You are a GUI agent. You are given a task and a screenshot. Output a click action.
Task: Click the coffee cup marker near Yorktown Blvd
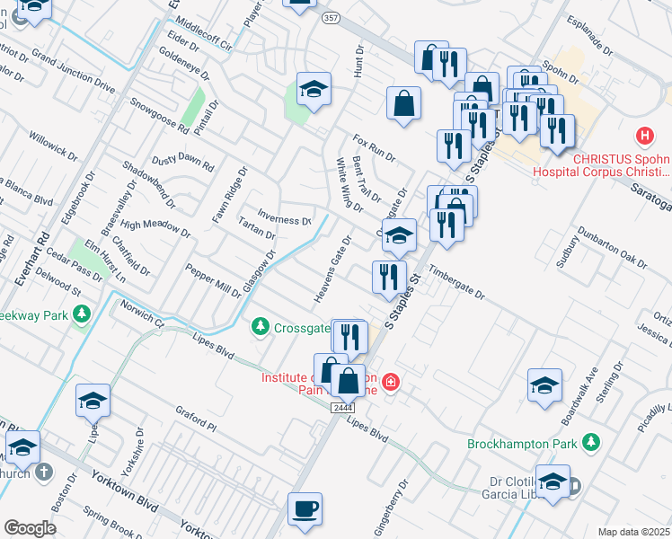click(x=305, y=508)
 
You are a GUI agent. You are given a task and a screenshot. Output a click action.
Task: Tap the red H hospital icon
click(x=644, y=137)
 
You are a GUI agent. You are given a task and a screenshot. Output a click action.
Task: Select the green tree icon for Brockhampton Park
click(x=590, y=441)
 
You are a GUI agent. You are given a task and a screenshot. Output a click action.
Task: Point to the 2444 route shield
click(x=340, y=407)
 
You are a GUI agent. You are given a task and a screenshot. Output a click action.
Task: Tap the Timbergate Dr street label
click(x=455, y=283)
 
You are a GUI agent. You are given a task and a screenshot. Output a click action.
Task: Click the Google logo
click(x=30, y=528)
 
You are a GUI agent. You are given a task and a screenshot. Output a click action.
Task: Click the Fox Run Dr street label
click(x=374, y=148)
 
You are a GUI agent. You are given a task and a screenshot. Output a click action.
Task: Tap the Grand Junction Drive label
click(x=74, y=73)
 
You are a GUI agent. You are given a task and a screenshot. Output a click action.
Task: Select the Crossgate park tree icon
click(x=261, y=325)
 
